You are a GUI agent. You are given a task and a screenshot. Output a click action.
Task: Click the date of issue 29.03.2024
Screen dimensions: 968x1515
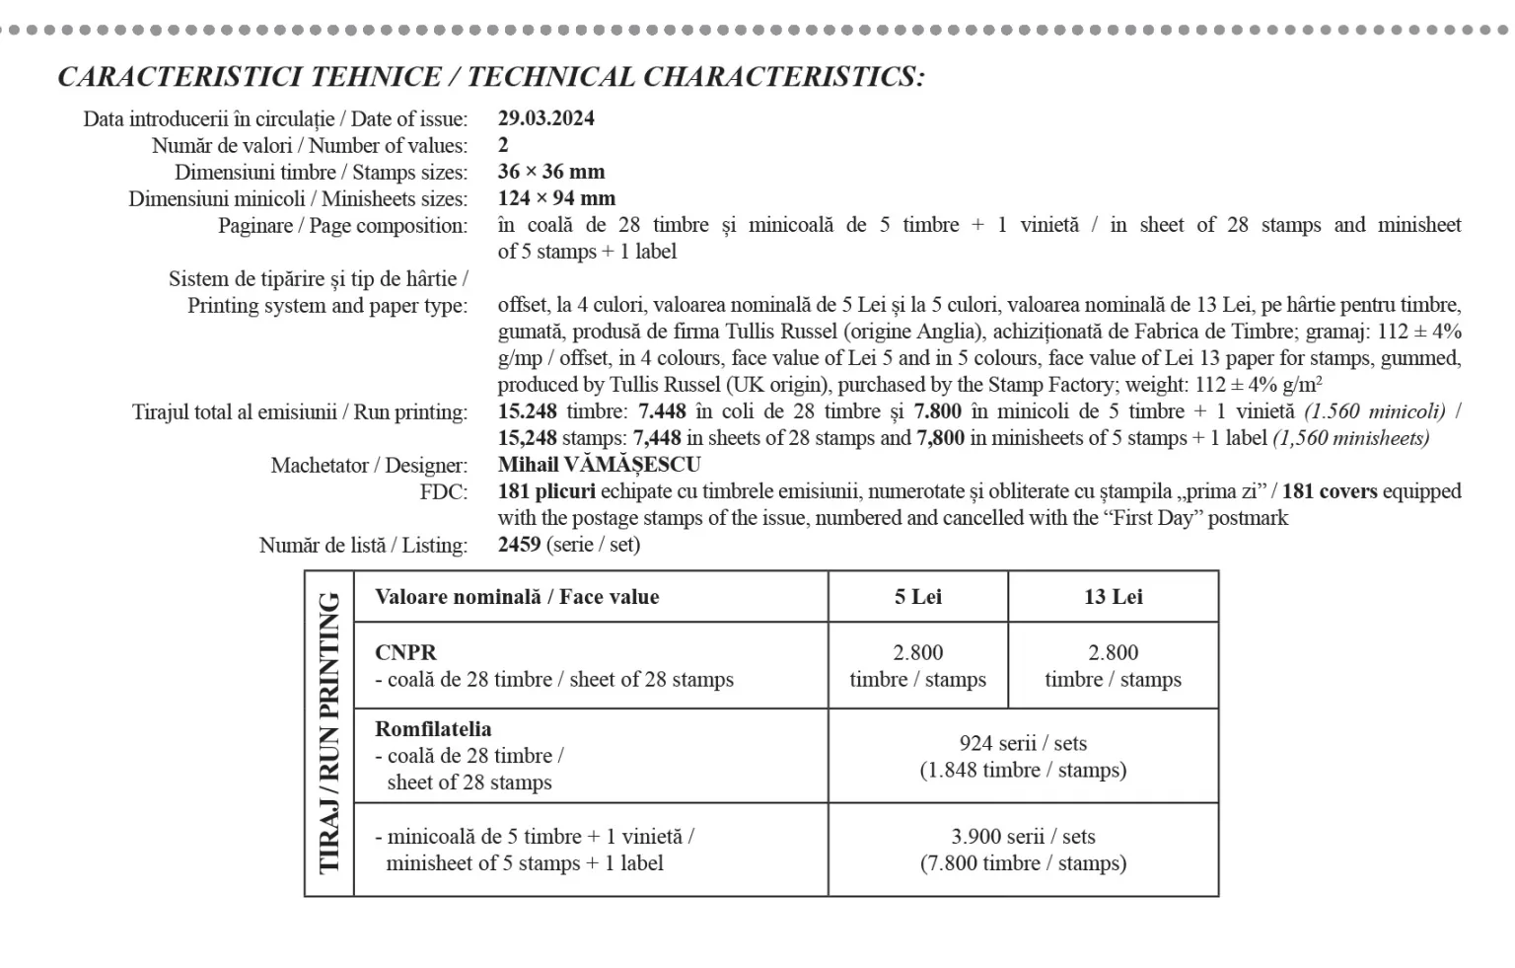tap(545, 118)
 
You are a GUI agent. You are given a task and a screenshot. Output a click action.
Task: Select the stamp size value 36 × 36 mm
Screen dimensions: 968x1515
tap(550, 172)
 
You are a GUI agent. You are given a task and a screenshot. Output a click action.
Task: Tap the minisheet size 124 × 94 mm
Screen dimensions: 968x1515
tap(555, 198)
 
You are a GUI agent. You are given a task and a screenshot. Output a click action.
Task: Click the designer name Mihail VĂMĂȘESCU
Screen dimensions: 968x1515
tap(599, 465)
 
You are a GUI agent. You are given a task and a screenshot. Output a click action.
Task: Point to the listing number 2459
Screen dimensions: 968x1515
tap(519, 545)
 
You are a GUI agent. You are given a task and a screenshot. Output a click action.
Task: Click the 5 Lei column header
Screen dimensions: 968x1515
tap(917, 597)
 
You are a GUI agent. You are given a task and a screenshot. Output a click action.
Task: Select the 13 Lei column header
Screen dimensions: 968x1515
tap(1113, 597)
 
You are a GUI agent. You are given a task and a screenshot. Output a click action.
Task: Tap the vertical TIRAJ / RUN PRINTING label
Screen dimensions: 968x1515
tap(329, 733)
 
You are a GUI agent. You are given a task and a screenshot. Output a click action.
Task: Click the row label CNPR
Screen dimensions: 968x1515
tap(405, 652)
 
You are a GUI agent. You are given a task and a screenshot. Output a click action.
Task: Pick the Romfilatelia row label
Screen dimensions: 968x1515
tap(433, 729)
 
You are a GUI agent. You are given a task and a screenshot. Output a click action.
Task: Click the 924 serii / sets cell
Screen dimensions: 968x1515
tap(1023, 743)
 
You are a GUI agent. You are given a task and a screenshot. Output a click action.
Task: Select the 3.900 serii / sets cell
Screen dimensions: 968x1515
tap(1023, 837)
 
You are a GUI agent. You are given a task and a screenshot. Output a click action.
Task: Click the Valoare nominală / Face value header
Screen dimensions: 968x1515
tap(517, 597)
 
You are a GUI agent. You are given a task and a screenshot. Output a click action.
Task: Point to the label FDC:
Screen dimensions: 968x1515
tap(444, 491)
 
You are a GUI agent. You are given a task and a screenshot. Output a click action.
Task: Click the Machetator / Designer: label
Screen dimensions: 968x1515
tap(369, 465)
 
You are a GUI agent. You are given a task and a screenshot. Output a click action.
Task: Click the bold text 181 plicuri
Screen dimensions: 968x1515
tap(546, 491)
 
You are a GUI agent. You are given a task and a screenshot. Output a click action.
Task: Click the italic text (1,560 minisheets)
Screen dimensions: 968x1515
tap(1350, 438)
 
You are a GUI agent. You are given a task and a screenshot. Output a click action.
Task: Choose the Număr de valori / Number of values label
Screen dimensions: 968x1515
tap(310, 145)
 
